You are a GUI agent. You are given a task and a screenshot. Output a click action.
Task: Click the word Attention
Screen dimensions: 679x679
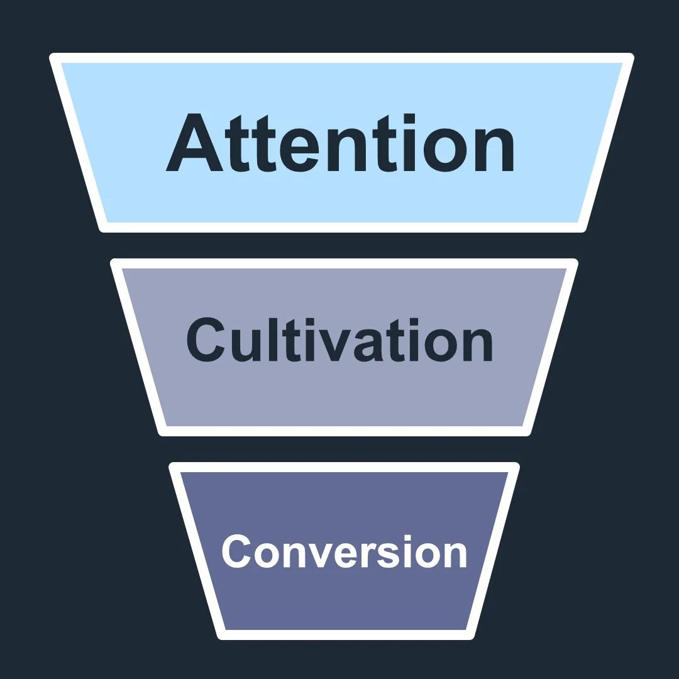click(340, 144)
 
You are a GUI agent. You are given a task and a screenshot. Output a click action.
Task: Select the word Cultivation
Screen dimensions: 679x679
click(339, 339)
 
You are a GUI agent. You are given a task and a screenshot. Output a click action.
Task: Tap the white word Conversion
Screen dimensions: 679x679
click(344, 551)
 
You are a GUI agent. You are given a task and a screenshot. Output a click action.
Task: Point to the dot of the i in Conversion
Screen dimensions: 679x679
click(411, 536)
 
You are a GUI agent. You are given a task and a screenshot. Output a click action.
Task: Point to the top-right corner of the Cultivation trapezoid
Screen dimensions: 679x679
click(574, 262)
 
